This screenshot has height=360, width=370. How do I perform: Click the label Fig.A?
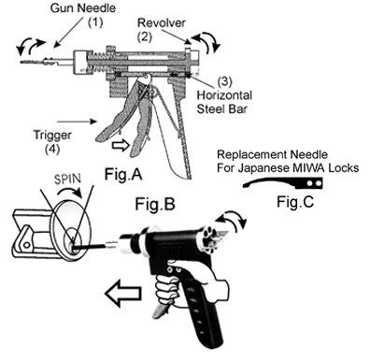click(x=123, y=174)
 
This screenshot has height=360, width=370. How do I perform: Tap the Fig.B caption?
click(x=155, y=204)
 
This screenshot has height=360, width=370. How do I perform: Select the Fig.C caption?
click(x=295, y=202)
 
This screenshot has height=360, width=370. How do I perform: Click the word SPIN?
click(x=67, y=179)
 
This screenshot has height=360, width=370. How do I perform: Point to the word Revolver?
click(x=162, y=22)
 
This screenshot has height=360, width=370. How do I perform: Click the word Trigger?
click(x=52, y=136)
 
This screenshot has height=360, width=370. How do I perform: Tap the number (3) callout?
click(x=224, y=81)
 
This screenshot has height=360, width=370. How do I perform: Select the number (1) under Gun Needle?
click(x=94, y=22)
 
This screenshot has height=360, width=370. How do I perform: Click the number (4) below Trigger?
click(x=52, y=149)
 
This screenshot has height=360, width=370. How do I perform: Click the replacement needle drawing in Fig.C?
click(x=283, y=183)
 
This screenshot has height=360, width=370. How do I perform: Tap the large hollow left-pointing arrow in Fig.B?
click(x=123, y=294)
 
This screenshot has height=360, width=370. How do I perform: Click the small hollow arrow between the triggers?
click(x=121, y=145)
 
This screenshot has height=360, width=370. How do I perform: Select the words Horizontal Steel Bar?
click(x=224, y=102)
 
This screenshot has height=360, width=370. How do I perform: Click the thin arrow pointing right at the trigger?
click(x=78, y=122)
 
